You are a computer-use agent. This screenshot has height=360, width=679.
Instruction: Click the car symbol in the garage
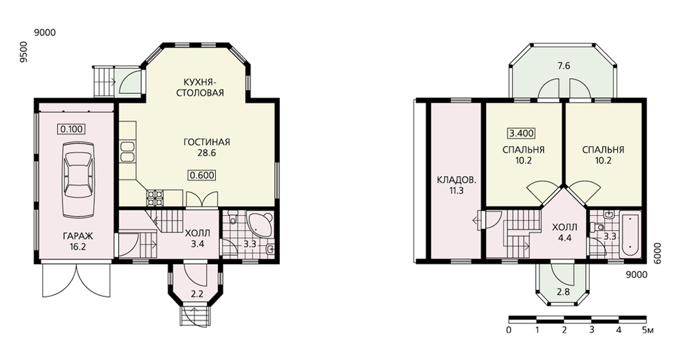[x=78, y=179]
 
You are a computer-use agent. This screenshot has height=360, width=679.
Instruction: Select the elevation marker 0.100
[x=72, y=128]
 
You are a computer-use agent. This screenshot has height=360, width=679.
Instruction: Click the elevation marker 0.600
[x=202, y=175]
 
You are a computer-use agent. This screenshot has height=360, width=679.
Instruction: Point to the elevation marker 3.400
[x=521, y=133]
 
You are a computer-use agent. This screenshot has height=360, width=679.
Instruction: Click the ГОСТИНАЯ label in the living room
[x=206, y=142]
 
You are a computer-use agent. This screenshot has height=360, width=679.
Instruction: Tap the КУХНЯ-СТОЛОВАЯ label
[x=200, y=87]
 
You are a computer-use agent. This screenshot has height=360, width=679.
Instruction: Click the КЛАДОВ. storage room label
[x=456, y=185]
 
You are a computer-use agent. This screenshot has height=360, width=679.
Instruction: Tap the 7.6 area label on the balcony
[x=564, y=66]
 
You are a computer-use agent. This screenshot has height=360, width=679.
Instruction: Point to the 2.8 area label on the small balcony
[x=564, y=291]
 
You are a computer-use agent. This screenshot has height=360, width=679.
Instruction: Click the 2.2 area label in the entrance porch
[x=197, y=294]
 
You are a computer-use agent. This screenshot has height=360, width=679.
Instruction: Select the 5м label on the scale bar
[x=648, y=330]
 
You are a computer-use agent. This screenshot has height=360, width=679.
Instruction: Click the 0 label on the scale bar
[x=509, y=330]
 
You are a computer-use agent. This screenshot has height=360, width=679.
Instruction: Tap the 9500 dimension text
[x=24, y=52]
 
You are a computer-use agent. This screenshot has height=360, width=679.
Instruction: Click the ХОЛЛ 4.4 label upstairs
[x=565, y=232]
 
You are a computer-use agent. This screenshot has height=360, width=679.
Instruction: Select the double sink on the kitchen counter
[x=128, y=151]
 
